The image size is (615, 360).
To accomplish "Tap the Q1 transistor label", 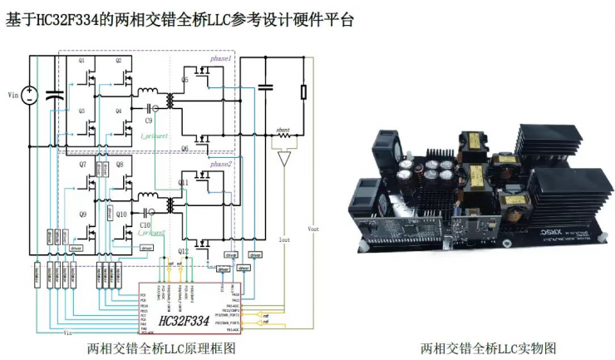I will (82, 62).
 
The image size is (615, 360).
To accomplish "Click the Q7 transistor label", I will (82, 165).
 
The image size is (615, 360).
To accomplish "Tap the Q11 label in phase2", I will (183, 180).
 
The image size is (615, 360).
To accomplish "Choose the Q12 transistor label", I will (183, 250).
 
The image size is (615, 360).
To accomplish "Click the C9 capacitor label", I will (149, 121).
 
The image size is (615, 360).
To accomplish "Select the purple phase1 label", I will (221, 60).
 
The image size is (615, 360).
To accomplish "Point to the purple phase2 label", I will (221, 165).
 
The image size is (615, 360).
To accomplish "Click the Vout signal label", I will (312, 228).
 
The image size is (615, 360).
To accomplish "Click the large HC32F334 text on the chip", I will (182, 321).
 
